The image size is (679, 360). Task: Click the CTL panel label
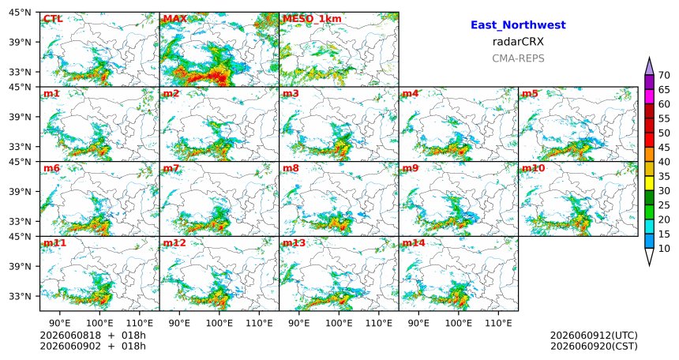pyautogui.click(x=53, y=19)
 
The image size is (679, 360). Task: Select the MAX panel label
pyautogui.click(x=175, y=19)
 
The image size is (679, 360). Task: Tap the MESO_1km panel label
pyautogui.click(x=312, y=19)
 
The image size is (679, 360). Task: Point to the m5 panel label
pyautogui.click(x=530, y=94)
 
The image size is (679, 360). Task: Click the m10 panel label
pyautogui.click(x=533, y=168)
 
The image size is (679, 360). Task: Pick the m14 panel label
pyautogui.click(x=414, y=243)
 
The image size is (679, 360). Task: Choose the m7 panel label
pyautogui.click(x=171, y=168)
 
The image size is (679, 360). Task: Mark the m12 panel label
pyautogui.click(x=174, y=243)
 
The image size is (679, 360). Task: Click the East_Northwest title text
pyautogui.click(x=518, y=25)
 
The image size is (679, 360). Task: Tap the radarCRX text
pyautogui.click(x=518, y=42)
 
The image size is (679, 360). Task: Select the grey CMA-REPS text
pyautogui.click(x=518, y=58)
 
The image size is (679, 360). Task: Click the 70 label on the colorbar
pyautogui.click(x=664, y=75)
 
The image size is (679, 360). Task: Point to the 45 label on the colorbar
pyautogui.click(x=664, y=148)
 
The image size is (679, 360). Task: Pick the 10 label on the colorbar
pyautogui.click(x=664, y=248)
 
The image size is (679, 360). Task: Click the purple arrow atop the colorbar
pyautogui.click(x=649, y=66)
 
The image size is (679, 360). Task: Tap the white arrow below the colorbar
pyautogui.click(x=649, y=257)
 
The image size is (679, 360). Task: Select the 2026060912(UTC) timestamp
pyautogui.click(x=594, y=336)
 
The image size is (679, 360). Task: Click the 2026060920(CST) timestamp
pyautogui.click(x=594, y=347)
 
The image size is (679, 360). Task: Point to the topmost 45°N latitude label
pyautogui.click(x=20, y=13)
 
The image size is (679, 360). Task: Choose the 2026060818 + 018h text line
pyautogui.click(x=92, y=336)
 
